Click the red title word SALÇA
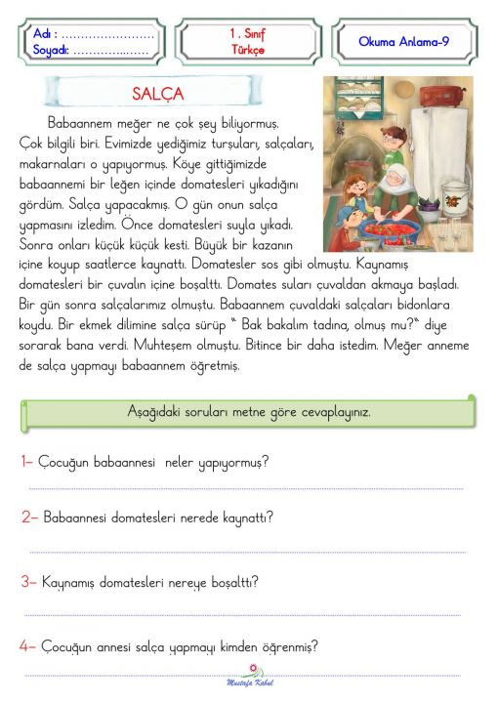click(x=157, y=95)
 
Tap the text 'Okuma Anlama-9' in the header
click(x=403, y=42)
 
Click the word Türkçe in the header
click(x=248, y=50)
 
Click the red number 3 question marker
click(x=28, y=582)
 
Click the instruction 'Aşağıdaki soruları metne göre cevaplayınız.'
click(x=249, y=411)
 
